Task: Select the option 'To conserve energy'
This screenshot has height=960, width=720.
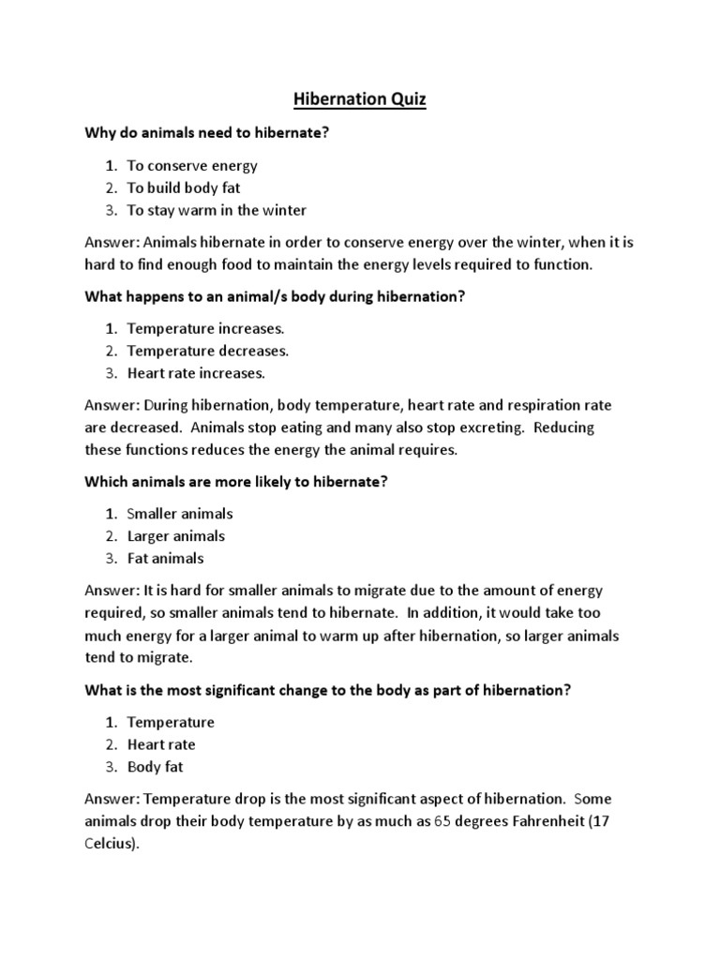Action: [x=192, y=166]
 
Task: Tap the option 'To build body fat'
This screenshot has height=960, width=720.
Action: [x=184, y=187]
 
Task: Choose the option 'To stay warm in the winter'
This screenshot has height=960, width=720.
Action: [x=217, y=210]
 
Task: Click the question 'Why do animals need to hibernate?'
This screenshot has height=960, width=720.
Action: [x=207, y=134]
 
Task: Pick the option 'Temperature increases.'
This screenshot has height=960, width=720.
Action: [x=206, y=329]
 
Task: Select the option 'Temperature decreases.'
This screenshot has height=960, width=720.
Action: [x=208, y=351]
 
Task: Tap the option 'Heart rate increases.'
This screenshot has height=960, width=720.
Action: [x=197, y=373]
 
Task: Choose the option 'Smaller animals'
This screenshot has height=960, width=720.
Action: [x=180, y=514]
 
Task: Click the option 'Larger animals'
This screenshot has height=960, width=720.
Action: [x=176, y=536]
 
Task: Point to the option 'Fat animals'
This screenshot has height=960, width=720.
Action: [x=166, y=558]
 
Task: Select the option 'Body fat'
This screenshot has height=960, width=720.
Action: [x=156, y=767]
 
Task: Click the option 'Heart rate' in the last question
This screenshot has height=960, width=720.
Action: [x=161, y=744]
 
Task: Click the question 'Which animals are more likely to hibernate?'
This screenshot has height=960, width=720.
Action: [x=237, y=482]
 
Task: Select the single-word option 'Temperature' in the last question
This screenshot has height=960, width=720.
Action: [x=171, y=723]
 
